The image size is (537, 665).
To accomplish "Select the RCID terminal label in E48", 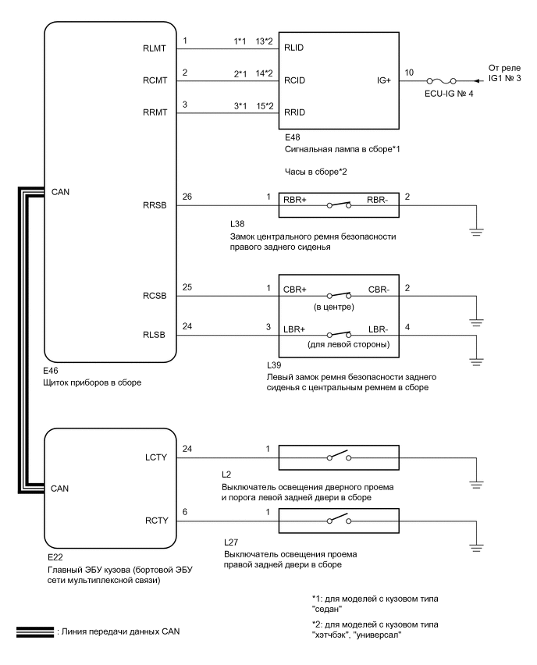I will pos(296,81).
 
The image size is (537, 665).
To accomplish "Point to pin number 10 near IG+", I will pos(408,73).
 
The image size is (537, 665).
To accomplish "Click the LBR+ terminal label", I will pos(299,329).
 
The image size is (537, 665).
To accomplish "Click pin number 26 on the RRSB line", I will pos(186,197).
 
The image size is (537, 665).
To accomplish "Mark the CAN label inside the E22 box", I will pos(61,488).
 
